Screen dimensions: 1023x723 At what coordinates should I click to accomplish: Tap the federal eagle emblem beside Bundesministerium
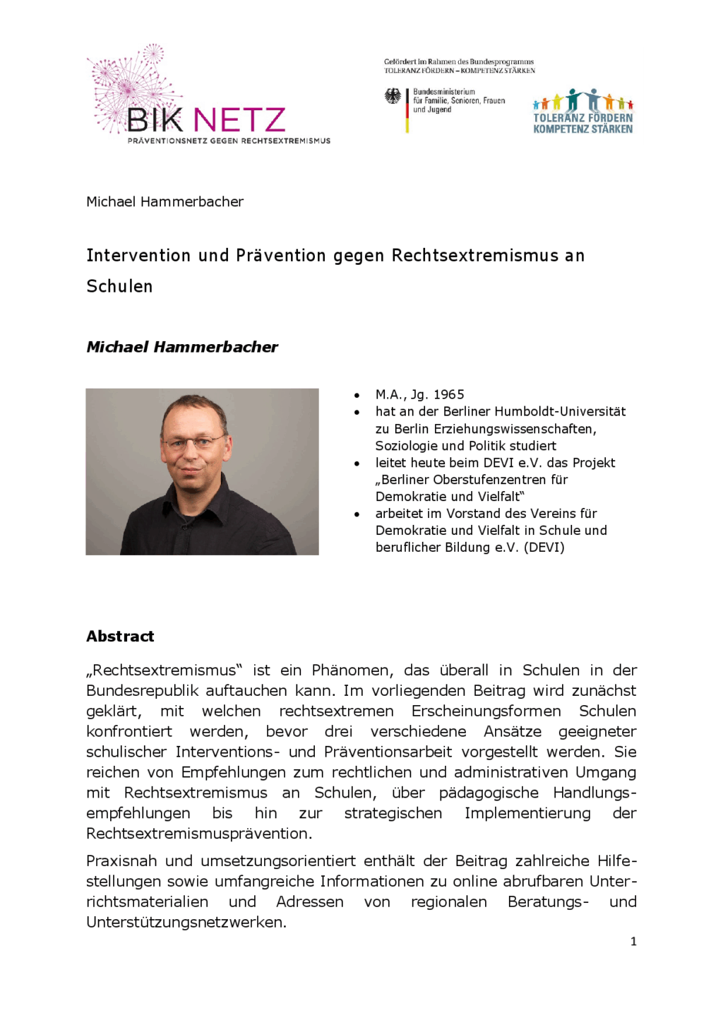point(393,96)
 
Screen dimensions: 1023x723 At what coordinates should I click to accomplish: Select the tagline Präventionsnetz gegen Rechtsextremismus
point(229,141)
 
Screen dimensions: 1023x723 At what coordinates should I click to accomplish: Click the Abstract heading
point(120,636)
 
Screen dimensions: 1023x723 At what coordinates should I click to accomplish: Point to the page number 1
point(633,941)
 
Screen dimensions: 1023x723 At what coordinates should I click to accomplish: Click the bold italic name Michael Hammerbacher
point(181,347)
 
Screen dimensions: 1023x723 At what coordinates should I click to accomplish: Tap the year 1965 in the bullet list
point(448,394)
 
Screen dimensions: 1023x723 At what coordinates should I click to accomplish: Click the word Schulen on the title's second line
point(119,286)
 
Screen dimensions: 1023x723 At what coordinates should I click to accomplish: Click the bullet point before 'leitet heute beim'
point(357,463)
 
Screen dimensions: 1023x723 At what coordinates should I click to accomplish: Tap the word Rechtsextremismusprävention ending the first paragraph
point(198,833)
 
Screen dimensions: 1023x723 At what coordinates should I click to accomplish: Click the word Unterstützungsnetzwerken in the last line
point(186,922)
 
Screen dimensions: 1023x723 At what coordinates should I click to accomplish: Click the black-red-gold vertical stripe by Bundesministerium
point(407,110)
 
